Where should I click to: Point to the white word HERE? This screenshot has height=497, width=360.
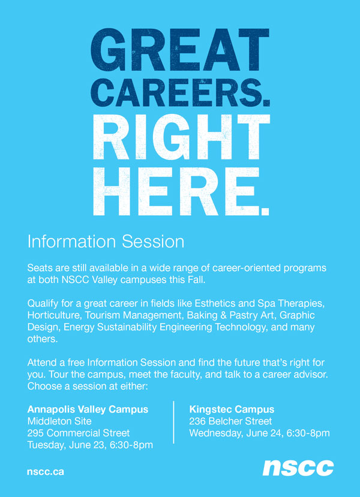(x=171, y=190)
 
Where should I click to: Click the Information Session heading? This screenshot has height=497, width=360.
(x=106, y=242)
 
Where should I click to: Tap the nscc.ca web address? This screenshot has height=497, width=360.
(x=45, y=471)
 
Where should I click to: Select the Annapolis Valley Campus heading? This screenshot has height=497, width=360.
(x=88, y=409)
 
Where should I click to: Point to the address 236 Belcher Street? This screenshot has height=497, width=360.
(x=230, y=421)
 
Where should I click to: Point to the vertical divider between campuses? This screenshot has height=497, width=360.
(x=173, y=423)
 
